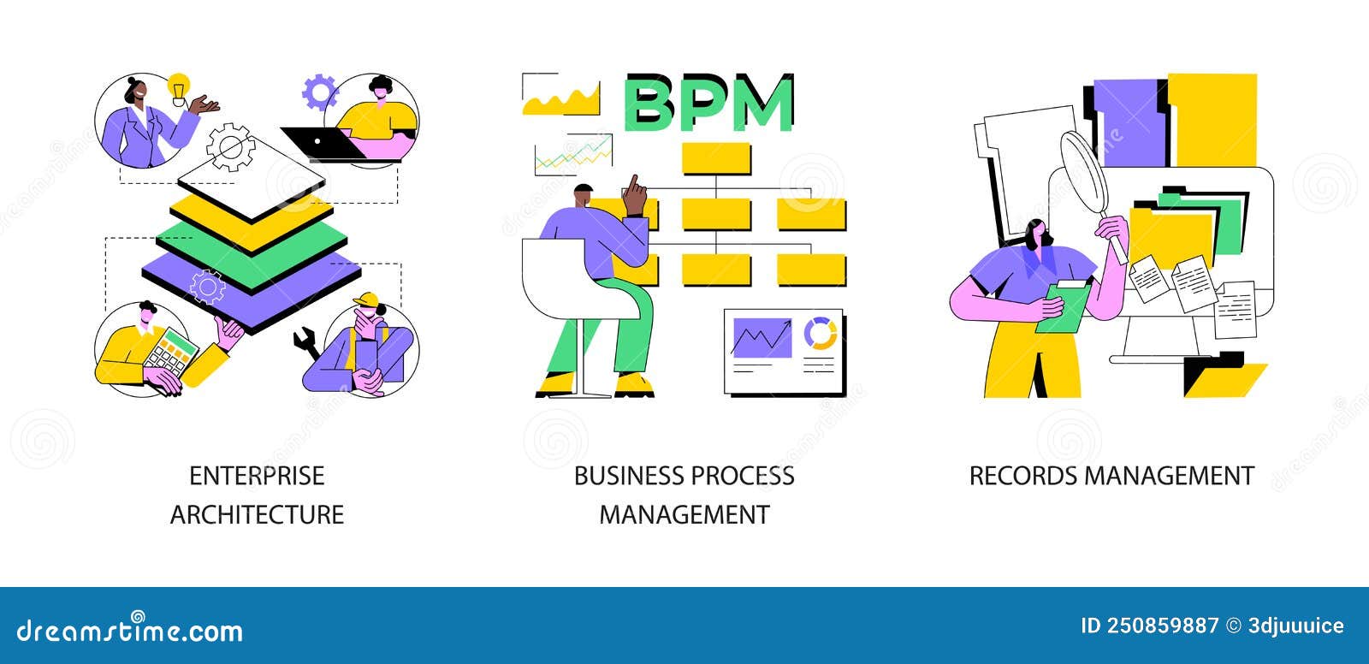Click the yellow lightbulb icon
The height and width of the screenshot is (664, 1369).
tap(178, 87)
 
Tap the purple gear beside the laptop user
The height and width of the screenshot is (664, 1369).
tap(320, 92)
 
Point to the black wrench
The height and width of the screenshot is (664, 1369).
tap(305, 344)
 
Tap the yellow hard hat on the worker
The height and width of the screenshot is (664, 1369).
tap(365, 299)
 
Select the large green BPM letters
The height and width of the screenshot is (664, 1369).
tap(709, 104)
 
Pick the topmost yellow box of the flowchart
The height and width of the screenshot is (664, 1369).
tap(716, 159)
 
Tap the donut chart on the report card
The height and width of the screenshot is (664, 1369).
tap(821, 334)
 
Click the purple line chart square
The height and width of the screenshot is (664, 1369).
tap(762, 337)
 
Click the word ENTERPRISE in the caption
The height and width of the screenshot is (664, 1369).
tap(257, 476)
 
